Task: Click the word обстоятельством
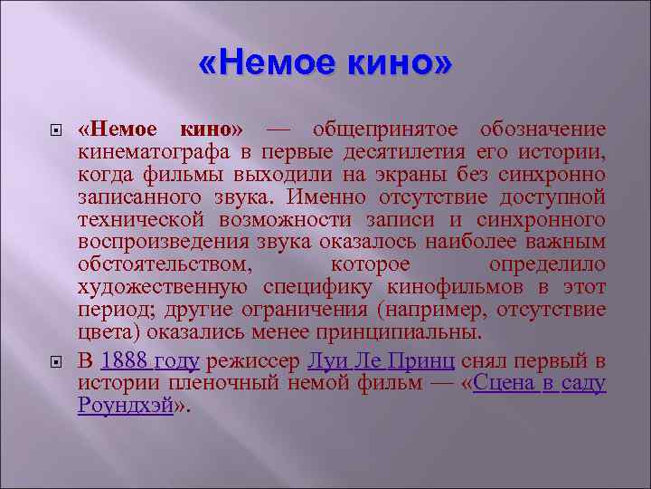pos(165,266)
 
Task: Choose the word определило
pos(547,266)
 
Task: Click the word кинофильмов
pos(447,289)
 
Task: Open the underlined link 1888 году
pos(150,360)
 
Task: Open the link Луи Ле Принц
pos(381,360)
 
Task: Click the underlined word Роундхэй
pos(125,407)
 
